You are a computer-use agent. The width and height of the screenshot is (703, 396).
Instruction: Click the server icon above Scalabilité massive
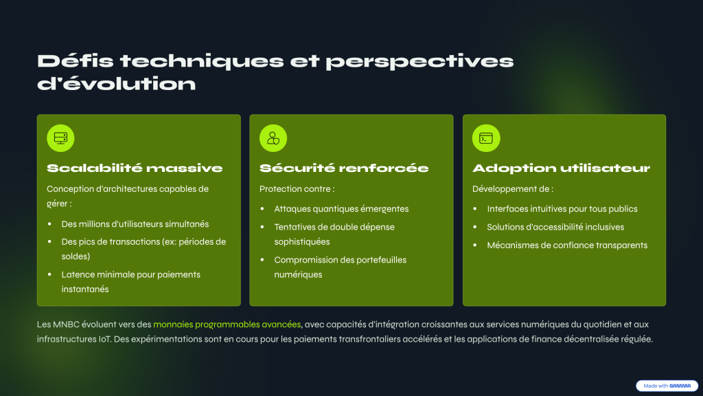click(60, 137)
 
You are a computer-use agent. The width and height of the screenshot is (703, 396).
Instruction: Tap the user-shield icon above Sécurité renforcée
click(273, 137)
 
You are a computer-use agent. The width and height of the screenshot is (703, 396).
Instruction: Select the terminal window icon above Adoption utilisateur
click(486, 137)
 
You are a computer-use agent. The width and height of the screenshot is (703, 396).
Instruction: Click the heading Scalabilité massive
click(135, 168)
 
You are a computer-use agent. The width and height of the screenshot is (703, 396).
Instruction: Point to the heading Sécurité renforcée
click(344, 168)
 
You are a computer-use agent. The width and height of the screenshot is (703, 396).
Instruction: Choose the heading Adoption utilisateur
click(561, 168)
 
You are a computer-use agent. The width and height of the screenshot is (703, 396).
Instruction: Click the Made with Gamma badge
click(667, 386)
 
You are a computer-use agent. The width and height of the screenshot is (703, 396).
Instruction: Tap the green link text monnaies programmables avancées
click(227, 324)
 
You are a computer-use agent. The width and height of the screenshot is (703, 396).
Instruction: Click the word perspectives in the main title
click(419, 61)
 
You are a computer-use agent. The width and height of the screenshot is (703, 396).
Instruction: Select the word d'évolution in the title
click(117, 83)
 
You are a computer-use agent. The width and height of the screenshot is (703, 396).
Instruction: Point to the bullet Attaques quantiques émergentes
click(341, 209)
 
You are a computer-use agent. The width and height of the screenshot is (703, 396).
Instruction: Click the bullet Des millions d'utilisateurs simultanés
click(135, 224)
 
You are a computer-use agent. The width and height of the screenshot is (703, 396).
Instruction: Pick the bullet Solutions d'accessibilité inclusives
click(555, 227)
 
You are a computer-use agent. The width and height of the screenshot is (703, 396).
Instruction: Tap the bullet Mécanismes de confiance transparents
click(567, 245)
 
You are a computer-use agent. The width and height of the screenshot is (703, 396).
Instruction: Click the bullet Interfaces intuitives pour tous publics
click(562, 209)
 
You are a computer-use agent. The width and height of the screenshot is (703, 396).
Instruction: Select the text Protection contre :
click(297, 189)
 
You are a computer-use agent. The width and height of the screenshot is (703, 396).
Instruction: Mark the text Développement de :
click(513, 189)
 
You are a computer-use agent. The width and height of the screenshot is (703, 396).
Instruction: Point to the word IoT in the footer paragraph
click(105, 339)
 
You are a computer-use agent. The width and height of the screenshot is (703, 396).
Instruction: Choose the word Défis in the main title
click(76, 61)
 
